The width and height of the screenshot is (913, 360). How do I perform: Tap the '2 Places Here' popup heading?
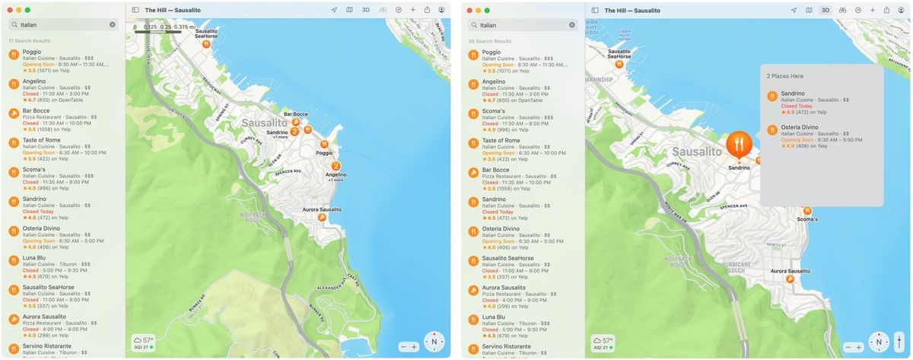pyautogui.click(x=784, y=76)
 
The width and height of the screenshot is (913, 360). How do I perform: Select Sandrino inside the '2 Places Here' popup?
pyautogui.click(x=794, y=94)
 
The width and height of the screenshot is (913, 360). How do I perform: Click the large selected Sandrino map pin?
pyautogui.click(x=739, y=144)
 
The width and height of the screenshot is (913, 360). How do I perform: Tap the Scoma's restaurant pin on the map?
pyautogui.click(x=807, y=211)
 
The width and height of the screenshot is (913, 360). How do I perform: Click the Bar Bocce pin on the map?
pyautogui.click(x=296, y=121)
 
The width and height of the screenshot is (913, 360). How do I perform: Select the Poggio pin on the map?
pyautogui.click(x=324, y=143)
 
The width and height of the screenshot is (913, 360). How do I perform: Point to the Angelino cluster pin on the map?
pyautogui.click(x=336, y=165)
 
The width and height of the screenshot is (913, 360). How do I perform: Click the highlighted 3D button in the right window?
pyautogui.click(x=825, y=10)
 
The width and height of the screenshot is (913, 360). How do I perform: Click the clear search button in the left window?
pyautogui.click(x=113, y=25)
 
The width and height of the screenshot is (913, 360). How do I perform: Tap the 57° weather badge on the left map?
pyautogui.click(x=143, y=340)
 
